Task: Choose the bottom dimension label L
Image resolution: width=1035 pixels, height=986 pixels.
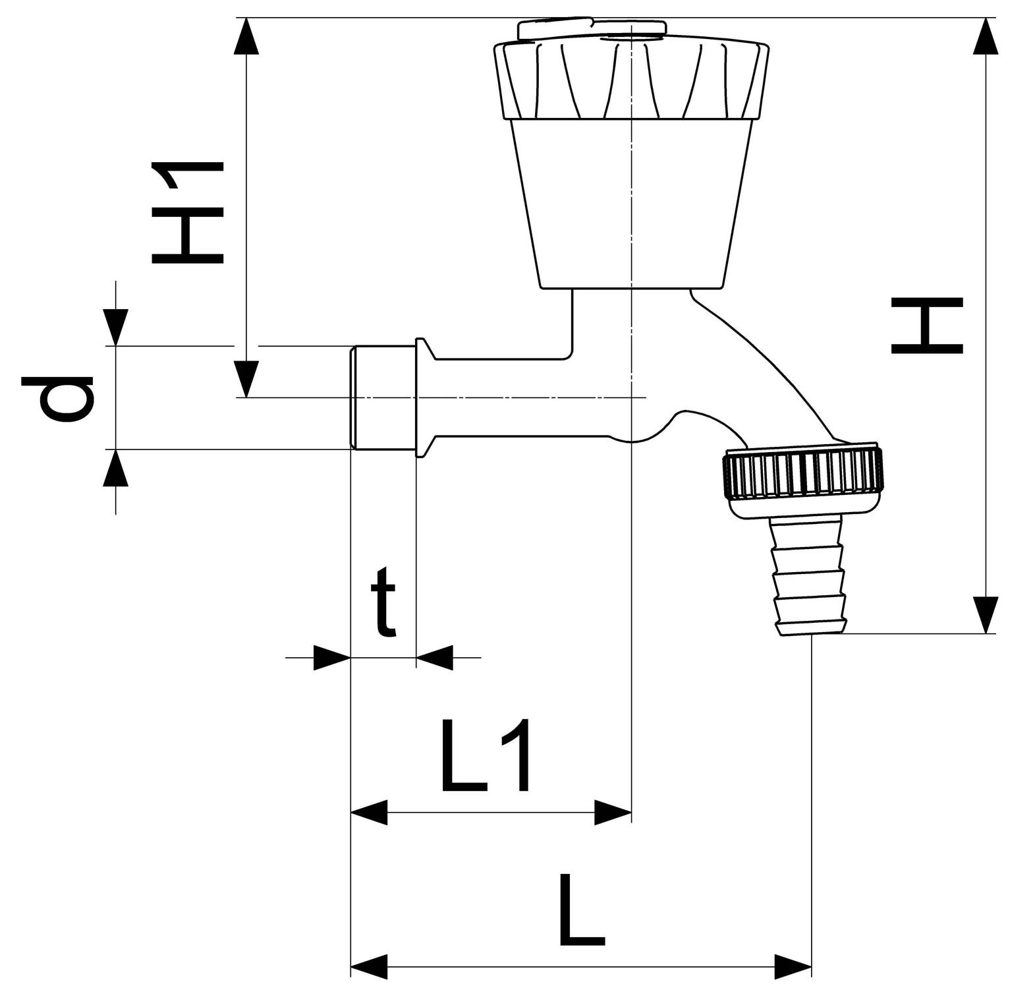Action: [x=582, y=910]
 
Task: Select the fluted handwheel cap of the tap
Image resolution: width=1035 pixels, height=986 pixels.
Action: [x=631, y=79]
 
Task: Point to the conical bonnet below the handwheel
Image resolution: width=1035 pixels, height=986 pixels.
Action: [x=631, y=204]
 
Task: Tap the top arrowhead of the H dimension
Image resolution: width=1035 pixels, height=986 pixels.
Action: [x=986, y=37]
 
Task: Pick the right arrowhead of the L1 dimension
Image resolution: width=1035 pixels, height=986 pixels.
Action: [x=613, y=813]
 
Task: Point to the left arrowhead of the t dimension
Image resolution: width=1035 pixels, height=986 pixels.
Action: [x=331, y=657]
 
